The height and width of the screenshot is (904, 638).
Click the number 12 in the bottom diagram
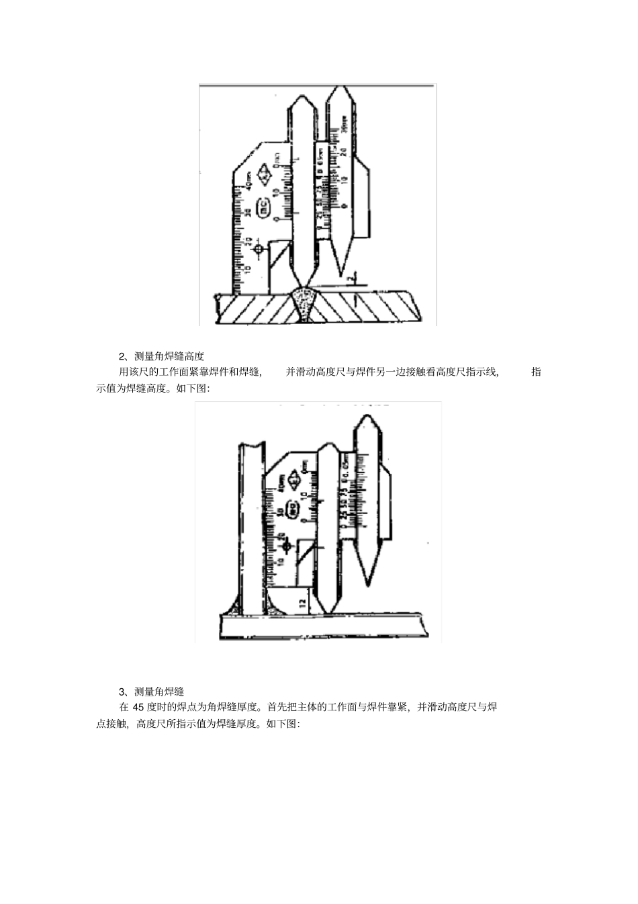coord(303,603)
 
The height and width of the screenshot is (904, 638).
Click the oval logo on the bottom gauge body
coord(293,509)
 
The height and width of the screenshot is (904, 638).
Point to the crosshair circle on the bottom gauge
coord(286,546)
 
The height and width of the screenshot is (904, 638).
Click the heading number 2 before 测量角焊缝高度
coord(122,356)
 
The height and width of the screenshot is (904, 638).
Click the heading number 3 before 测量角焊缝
coord(122,692)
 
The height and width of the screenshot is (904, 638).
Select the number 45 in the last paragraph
coord(138,707)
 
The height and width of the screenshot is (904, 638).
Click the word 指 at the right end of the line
coord(536,372)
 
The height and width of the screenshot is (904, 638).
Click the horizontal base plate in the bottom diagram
coord(322,626)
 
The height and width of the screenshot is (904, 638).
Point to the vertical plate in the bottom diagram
coord(250,524)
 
